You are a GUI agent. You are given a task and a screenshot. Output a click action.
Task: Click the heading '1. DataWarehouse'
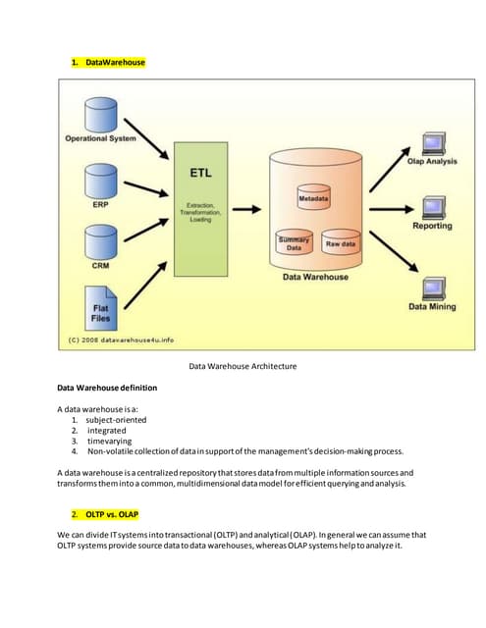point(108,62)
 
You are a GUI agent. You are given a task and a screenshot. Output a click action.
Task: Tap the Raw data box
point(341,244)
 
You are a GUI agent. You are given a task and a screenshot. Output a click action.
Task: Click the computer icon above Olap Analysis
point(432,140)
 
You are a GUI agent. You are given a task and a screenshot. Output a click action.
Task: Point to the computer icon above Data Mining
point(432,288)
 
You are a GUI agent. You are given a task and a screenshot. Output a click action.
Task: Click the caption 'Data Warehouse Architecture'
point(243,366)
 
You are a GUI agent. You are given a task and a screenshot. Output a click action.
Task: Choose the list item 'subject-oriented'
point(116,420)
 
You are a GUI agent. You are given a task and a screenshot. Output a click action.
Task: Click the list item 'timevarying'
point(110,442)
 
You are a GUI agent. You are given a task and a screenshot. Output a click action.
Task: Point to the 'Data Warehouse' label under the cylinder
point(315,277)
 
